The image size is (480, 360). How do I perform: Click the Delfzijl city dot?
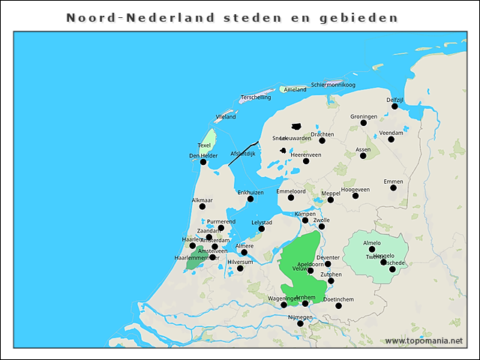coord(394,106)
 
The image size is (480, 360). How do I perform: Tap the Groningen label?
coord(364,117)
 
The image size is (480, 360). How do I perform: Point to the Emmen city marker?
coord(393,187)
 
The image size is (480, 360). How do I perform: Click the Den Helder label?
coord(203,155)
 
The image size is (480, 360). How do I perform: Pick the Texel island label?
coord(204,145)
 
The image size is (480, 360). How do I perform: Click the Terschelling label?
coord(256,97)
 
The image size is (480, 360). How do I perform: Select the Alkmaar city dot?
coord(202,206)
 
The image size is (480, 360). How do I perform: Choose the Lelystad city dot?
coord(262,229)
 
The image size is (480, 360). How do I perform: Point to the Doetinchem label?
coord(338,299)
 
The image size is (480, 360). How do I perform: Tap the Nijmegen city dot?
coord(300,323)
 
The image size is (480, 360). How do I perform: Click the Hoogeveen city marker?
coord(355,196)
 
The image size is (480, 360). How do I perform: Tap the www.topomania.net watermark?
coord(424,340)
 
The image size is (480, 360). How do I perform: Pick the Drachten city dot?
coord(322,140)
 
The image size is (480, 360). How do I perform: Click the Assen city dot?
coord(363,156)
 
